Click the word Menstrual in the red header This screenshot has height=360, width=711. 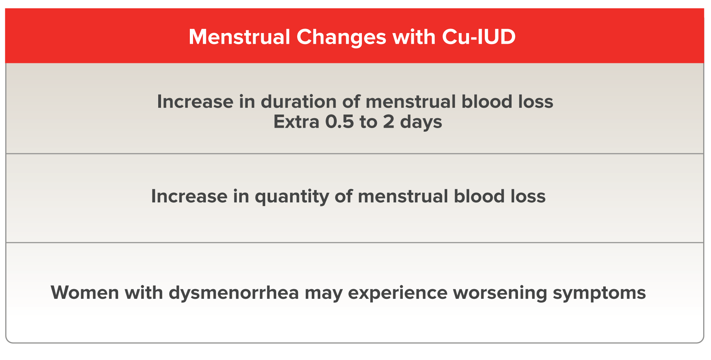[239, 37]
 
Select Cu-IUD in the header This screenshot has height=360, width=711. [479, 37]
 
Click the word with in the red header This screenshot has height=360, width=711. [414, 37]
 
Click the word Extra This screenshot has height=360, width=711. [296, 122]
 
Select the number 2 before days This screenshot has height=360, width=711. [389, 122]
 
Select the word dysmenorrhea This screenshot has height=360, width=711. [234, 293]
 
